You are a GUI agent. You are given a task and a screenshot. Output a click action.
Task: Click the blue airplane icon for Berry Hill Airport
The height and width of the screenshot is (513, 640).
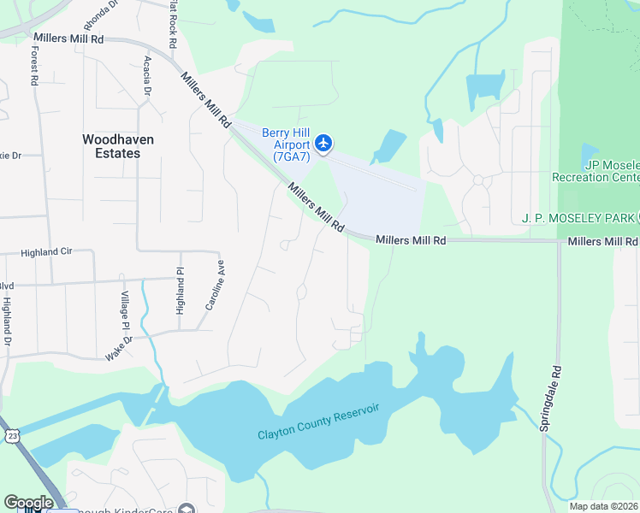[323, 143]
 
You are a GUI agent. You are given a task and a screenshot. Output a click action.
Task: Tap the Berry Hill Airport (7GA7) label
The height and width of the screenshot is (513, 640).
[286, 144]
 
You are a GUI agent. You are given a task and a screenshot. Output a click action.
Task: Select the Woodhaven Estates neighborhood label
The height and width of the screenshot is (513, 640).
[110, 145]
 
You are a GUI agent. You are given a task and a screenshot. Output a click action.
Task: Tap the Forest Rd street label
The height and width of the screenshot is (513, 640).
[34, 65]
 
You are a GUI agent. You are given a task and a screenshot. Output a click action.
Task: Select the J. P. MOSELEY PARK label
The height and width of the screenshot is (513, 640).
[578, 217]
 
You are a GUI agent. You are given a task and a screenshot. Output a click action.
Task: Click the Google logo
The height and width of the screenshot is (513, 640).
[28, 503]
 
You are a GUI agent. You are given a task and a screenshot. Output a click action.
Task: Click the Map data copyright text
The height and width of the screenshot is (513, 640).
[604, 506]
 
